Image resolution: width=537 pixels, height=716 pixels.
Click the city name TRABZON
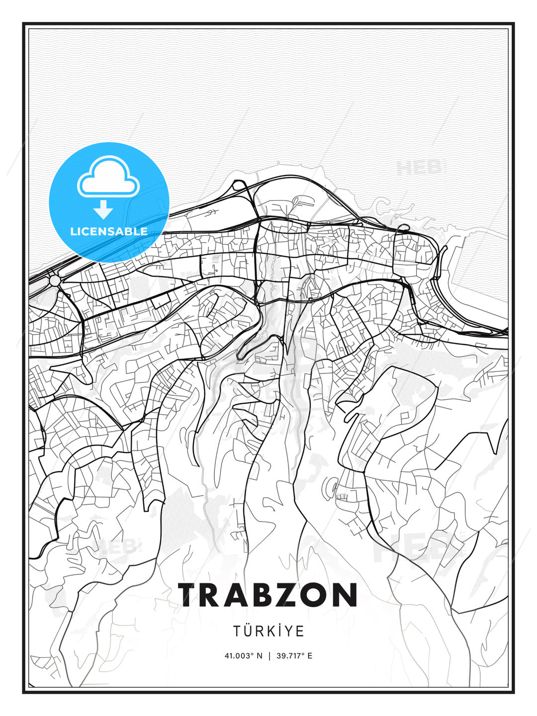[268, 595]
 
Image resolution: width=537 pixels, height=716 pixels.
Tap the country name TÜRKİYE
[268, 631]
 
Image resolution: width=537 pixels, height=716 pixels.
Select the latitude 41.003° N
[243, 656]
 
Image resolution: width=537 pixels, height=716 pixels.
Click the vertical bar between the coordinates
[269, 656]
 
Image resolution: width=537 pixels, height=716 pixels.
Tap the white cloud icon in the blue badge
[108, 179]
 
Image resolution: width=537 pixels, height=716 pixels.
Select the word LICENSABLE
[109, 231]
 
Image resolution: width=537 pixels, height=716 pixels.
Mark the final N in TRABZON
[345, 595]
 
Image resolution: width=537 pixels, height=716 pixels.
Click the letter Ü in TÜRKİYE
[249, 631]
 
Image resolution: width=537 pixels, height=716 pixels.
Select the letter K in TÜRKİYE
[273, 631]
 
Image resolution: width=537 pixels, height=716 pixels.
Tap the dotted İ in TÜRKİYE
[283, 631]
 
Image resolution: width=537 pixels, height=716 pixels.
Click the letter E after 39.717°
[310, 656]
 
